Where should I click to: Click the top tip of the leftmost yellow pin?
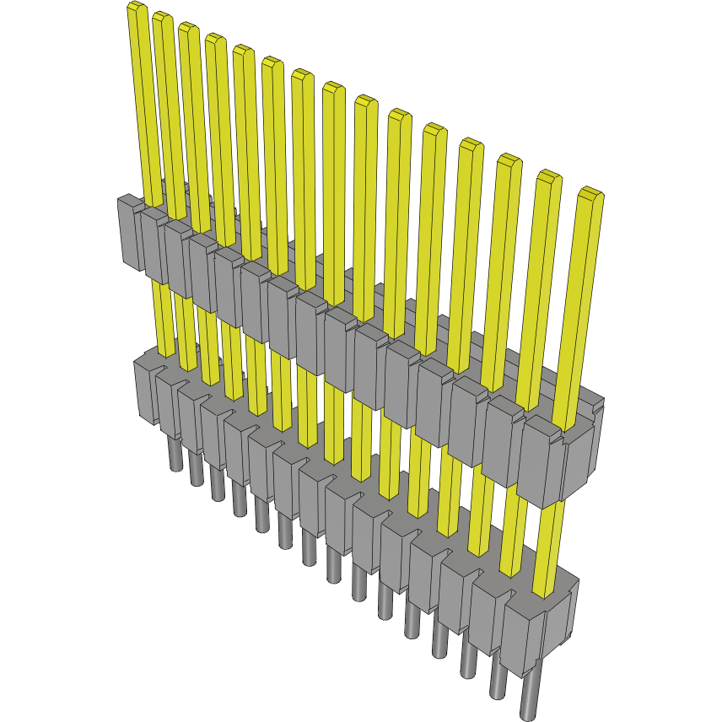[136, 8]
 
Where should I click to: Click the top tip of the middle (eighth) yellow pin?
[333, 87]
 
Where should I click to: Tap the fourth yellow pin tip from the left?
[215, 39]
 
